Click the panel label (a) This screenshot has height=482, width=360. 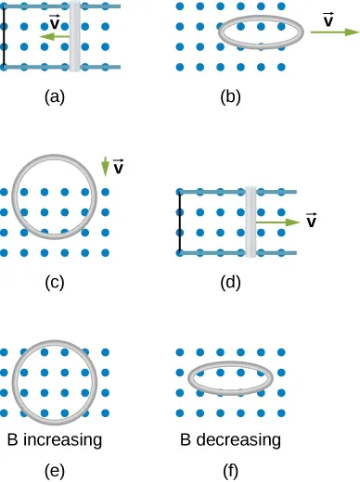click(x=55, y=94)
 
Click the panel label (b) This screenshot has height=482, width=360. click(x=231, y=94)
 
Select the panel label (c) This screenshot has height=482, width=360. click(x=55, y=282)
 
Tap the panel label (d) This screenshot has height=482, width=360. click(x=231, y=282)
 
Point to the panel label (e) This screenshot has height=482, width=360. click(x=55, y=470)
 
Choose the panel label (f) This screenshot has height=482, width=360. click(x=231, y=470)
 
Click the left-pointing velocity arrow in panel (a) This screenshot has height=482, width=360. click(x=54, y=36)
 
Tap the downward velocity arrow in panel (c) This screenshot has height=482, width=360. click(x=105, y=167)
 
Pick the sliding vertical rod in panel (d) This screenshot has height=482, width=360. click(x=251, y=222)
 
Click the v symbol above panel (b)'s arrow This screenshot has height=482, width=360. click(x=329, y=18)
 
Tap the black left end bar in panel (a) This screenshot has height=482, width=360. click(x=4, y=36)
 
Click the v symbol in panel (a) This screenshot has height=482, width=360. click(x=56, y=22)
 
